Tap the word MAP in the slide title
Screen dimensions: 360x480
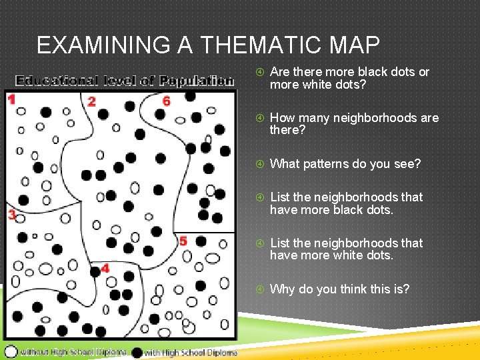(356, 45)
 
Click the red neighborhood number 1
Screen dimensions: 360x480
(11, 100)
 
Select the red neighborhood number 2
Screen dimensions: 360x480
(91, 102)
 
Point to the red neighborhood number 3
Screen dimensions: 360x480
(11, 215)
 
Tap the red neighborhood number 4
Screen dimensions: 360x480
(105, 269)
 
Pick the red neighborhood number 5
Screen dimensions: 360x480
(183, 241)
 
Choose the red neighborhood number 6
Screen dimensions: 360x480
(166, 101)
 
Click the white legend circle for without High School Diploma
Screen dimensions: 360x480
(11, 351)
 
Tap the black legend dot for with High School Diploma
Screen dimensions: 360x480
(137, 351)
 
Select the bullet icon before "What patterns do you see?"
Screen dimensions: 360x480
(259, 164)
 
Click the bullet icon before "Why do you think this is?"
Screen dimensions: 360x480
(259, 289)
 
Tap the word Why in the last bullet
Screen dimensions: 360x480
(283, 289)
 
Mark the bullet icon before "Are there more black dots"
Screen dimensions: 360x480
(259, 72)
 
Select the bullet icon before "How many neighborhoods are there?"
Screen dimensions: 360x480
(259, 118)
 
